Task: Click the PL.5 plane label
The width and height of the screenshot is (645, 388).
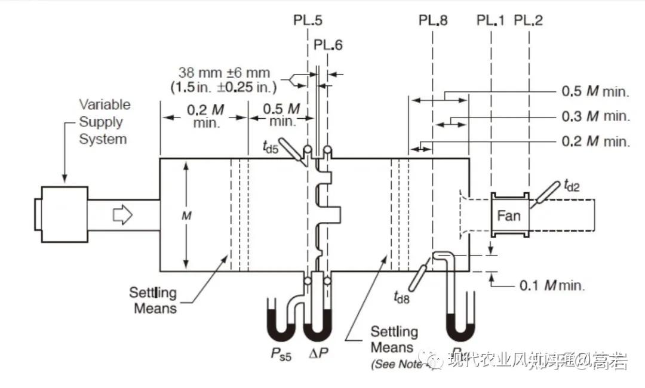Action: point(308,20)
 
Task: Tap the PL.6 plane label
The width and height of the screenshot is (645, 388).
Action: point(328,45)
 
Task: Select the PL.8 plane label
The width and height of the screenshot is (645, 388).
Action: point(433,20)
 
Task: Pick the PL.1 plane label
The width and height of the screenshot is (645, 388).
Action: point(490,20)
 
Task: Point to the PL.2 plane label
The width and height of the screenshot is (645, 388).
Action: point(529,20)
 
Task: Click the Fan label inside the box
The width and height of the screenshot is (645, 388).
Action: point(509,215)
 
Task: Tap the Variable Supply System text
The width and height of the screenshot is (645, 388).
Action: point(104,122)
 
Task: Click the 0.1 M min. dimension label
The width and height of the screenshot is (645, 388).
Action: point(552,285)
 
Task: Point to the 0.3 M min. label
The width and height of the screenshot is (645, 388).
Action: point(595,116)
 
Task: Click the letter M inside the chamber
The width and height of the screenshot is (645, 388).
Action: point(186,216)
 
